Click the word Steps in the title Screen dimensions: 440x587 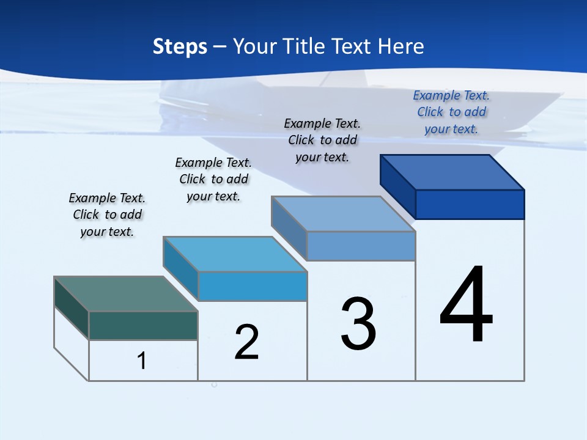(180, 46)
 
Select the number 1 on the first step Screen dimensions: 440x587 (142, 361)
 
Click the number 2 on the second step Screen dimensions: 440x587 (246, 342)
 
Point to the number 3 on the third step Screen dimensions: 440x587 (358, 324)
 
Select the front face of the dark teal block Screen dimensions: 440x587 (143, 325)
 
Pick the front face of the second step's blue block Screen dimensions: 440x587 (253, 286)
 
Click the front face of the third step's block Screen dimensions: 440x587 (361, 246)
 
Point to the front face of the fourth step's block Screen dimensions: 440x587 (470, 204)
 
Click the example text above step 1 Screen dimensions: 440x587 (107, 215)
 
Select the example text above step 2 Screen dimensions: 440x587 (213, 179)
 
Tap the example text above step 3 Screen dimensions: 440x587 (322, 140)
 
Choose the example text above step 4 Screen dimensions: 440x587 (451, 112)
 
